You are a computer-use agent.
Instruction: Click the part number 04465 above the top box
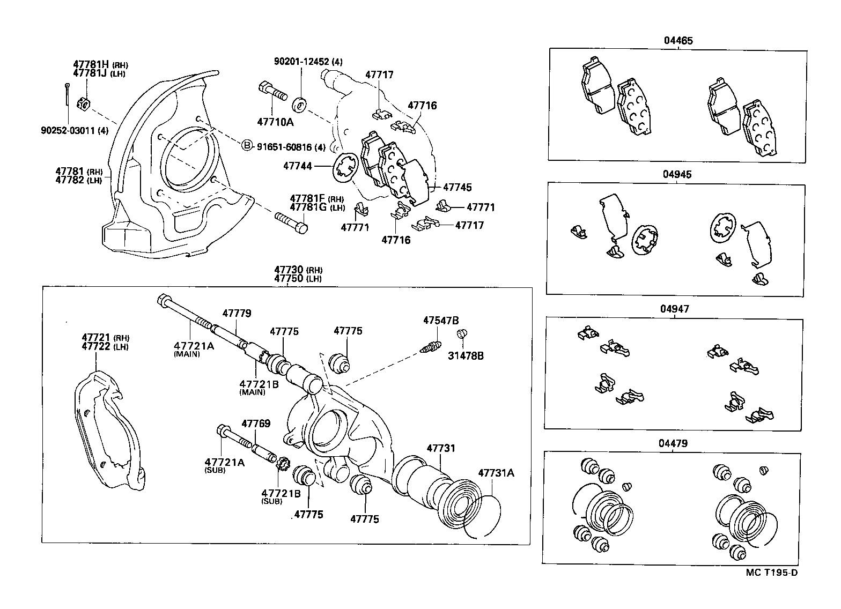677,40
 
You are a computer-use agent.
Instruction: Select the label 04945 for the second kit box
677,175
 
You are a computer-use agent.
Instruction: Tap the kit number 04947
675,309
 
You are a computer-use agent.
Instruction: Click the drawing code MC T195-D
771,573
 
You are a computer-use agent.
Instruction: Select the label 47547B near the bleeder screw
440,321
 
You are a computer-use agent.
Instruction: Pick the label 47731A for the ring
496,473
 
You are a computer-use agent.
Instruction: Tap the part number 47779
237,313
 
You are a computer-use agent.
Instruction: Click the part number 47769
255,424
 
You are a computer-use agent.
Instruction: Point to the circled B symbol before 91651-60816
247,146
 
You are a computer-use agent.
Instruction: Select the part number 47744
297,167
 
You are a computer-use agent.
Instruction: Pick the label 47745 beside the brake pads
457,187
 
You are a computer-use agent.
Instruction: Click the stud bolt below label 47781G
292,222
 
